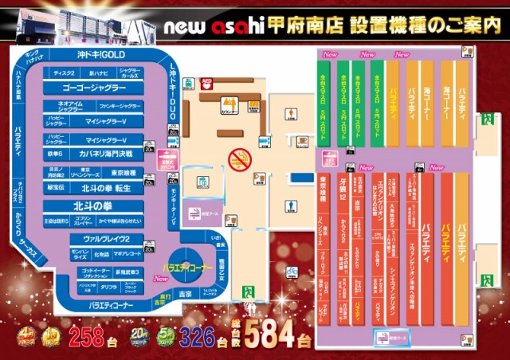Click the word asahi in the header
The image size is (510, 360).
pyautogui.click(x=239, y=25)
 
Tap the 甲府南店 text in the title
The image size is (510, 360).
pyautogui.click(x=307, y=25)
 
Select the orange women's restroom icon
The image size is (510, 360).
pyautogui.click(x=259, y=178)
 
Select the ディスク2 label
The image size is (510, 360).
pyautogui.click(x=63, y=72)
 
